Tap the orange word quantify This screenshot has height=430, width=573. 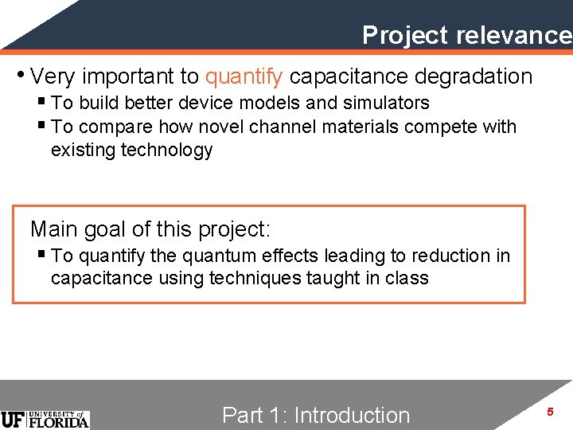(x=244, y=76)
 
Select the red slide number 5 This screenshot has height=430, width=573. (x=549, y=412)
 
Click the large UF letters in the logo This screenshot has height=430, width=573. (x=14, y=420)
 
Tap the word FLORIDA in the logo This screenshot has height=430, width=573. (x=59, y=423)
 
